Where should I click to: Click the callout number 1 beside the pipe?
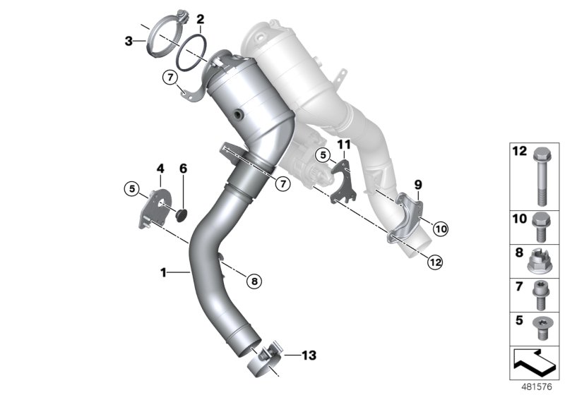point(163,271)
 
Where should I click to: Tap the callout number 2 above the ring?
point(201,19)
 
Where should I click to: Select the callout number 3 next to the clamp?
point(129,42)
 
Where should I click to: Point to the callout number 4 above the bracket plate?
point(160,169)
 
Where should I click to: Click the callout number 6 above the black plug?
point(183,169)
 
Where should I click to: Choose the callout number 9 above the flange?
point(417,185)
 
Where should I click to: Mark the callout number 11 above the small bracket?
point(343,145)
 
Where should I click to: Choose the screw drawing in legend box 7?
point(540,296)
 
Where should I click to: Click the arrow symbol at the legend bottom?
point(535,361)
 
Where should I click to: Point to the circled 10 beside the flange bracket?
point(440,228)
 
